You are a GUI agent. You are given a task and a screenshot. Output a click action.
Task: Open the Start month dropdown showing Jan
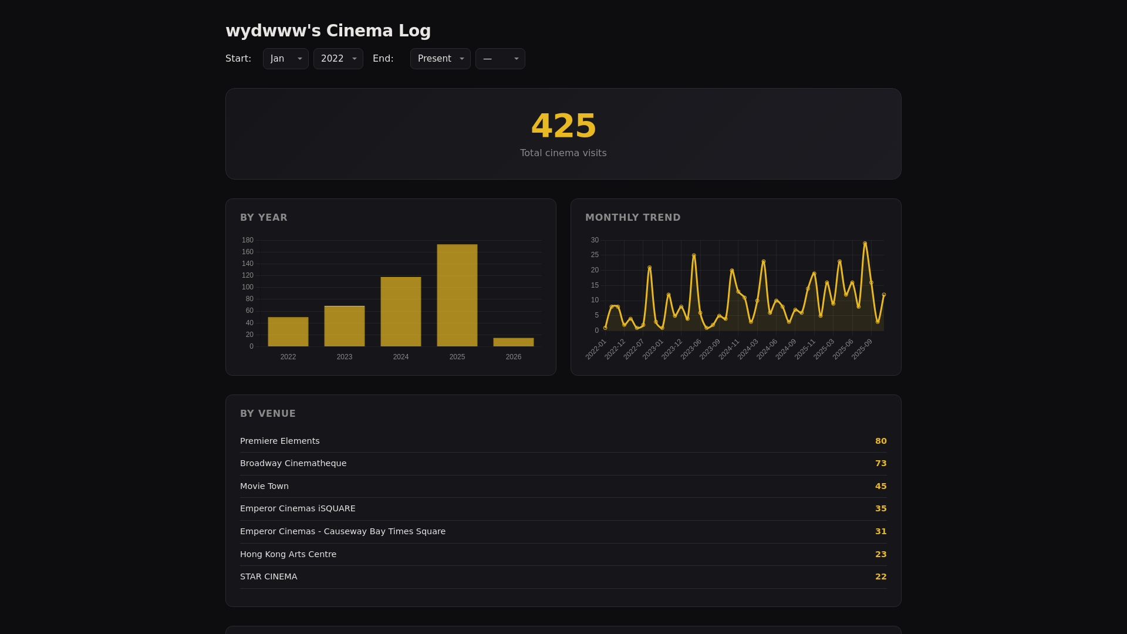coord(286,59)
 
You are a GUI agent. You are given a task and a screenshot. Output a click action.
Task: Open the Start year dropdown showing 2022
coord(338,59)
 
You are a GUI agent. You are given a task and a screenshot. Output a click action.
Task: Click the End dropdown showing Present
coord(440,59)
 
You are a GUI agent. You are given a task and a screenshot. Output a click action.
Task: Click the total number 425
coord(563,126)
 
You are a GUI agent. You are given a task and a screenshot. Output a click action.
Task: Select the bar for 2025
coord(457,295)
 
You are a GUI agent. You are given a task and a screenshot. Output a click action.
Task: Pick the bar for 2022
coord(288,332)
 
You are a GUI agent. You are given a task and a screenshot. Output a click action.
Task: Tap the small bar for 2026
coord(514,342)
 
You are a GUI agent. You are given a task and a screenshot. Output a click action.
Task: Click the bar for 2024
coord(401,312)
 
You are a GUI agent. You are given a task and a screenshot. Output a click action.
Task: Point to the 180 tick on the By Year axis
coord(248,240)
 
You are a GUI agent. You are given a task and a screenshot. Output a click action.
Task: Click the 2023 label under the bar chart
coord(345,357)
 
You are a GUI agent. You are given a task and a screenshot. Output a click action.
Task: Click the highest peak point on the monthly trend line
coord(865,244)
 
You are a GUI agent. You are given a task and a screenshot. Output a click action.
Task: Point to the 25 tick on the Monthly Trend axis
coord(595,255)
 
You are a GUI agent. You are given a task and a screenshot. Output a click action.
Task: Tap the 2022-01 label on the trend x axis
coord(596,349)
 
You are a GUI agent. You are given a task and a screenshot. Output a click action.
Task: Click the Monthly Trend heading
coord(633,218)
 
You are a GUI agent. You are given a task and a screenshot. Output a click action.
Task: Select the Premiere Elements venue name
coord(280,441)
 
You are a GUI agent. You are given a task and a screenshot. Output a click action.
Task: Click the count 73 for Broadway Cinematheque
coord(880,463)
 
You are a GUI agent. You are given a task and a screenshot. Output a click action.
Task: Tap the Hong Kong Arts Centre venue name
coord(288,554)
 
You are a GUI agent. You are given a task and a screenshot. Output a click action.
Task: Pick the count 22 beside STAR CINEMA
coord(880,576)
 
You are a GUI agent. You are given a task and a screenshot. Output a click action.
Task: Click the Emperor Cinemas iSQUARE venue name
coord(298,508)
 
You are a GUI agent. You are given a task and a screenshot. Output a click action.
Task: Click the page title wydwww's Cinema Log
coord(328,31)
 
